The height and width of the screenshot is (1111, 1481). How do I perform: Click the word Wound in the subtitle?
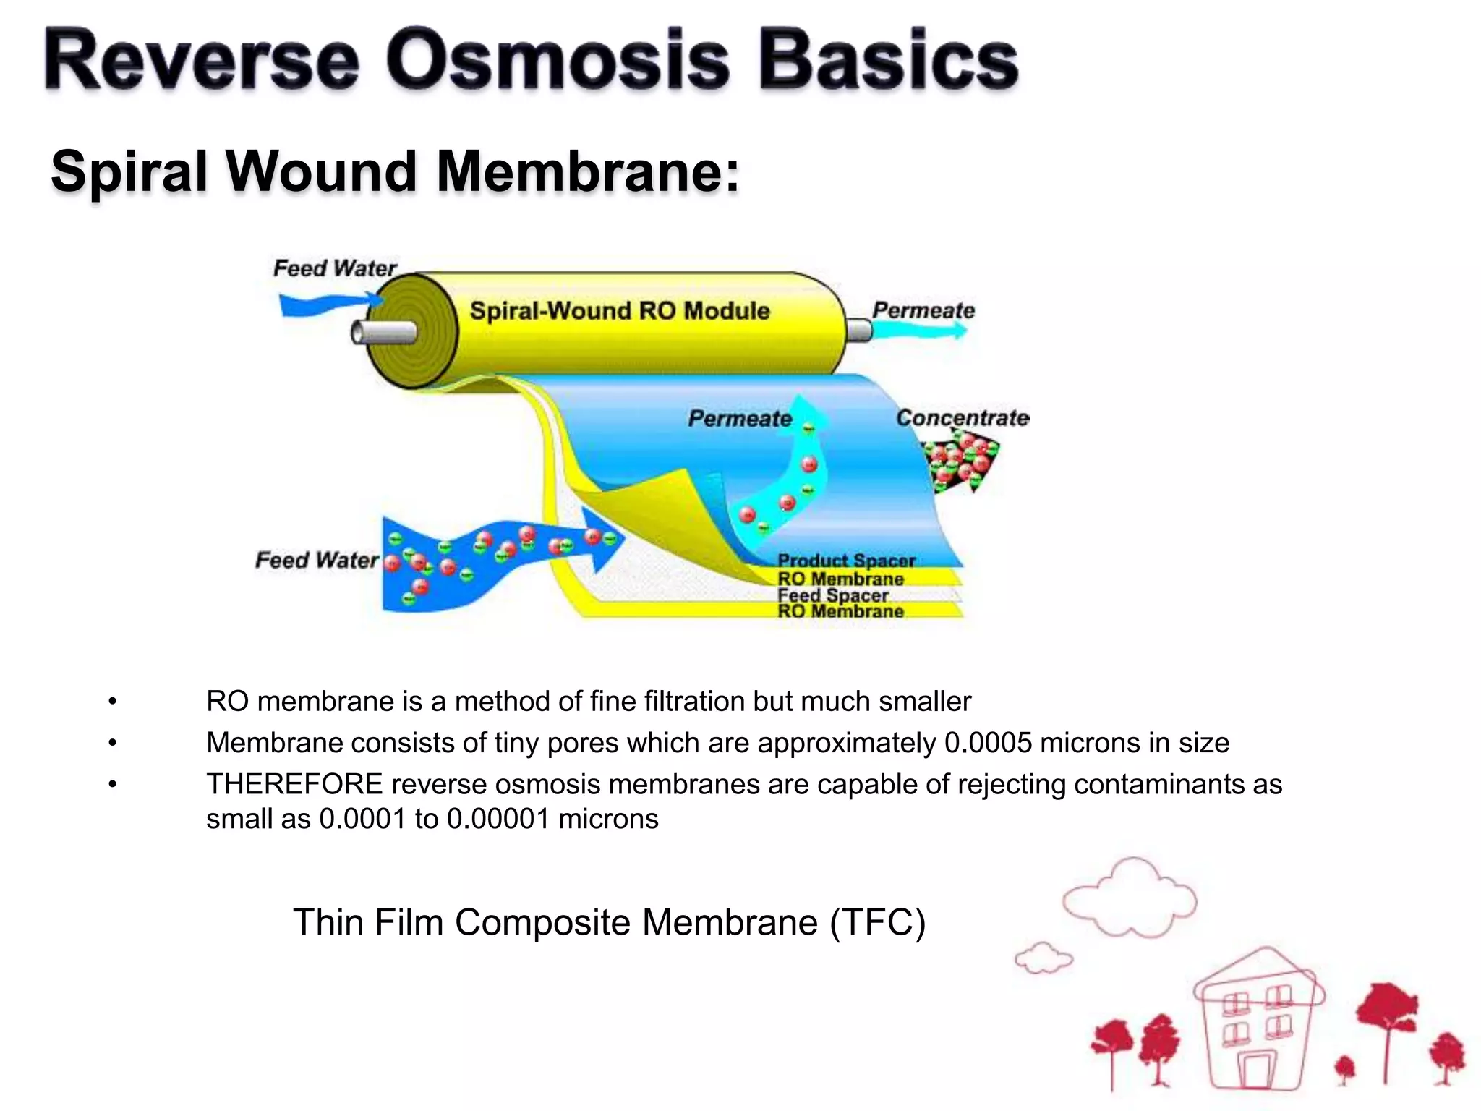[x=321, y=171]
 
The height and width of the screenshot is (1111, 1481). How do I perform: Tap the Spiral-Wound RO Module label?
[x=620, y=311]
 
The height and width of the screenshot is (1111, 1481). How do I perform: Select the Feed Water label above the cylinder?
[x=334, y=268]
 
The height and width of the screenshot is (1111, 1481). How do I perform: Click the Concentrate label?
[x=962, y=418]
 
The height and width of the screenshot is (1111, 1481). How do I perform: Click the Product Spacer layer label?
[x=846, y=561]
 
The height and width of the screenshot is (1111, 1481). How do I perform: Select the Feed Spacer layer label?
[x=833, y=595]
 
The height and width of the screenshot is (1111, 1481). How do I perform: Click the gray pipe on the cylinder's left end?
[x=383, y=333]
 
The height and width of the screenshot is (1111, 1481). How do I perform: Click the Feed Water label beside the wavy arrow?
[x=317, y=560]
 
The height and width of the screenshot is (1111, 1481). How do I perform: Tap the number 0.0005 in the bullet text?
[x=989, y=743]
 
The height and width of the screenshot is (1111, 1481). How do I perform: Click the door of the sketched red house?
[x=1256, y=1070]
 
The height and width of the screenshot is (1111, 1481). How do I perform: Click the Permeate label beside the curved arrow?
[x=739, y=419]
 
